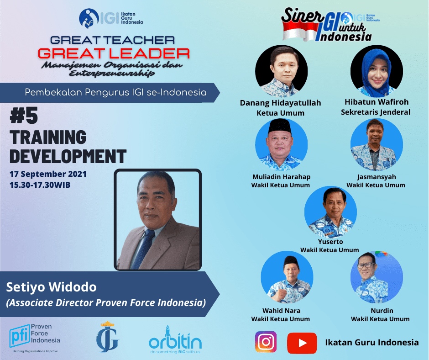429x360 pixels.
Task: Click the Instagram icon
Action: (266, 342)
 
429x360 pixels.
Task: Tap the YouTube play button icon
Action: (302, 343)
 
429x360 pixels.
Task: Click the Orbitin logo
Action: (175, 340)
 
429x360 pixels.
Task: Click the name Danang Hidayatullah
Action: (280, 103)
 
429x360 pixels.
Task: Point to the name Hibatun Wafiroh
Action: (377, 102)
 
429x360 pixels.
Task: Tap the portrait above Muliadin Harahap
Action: (281, 144)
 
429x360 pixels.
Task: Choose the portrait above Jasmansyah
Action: (377, 144)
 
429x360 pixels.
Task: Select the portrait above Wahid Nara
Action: (287, 277)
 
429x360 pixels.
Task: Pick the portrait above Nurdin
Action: (377, 277)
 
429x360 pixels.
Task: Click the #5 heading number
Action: (24, 115)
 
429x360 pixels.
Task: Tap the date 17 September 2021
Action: (48, 174)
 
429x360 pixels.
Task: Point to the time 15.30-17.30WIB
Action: (40, 185)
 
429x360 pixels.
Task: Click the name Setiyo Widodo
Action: (52, 287)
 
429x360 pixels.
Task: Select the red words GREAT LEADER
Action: (114, 53)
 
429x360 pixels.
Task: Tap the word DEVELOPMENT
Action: (68, 156)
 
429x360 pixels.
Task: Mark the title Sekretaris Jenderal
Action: (376, 112)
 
